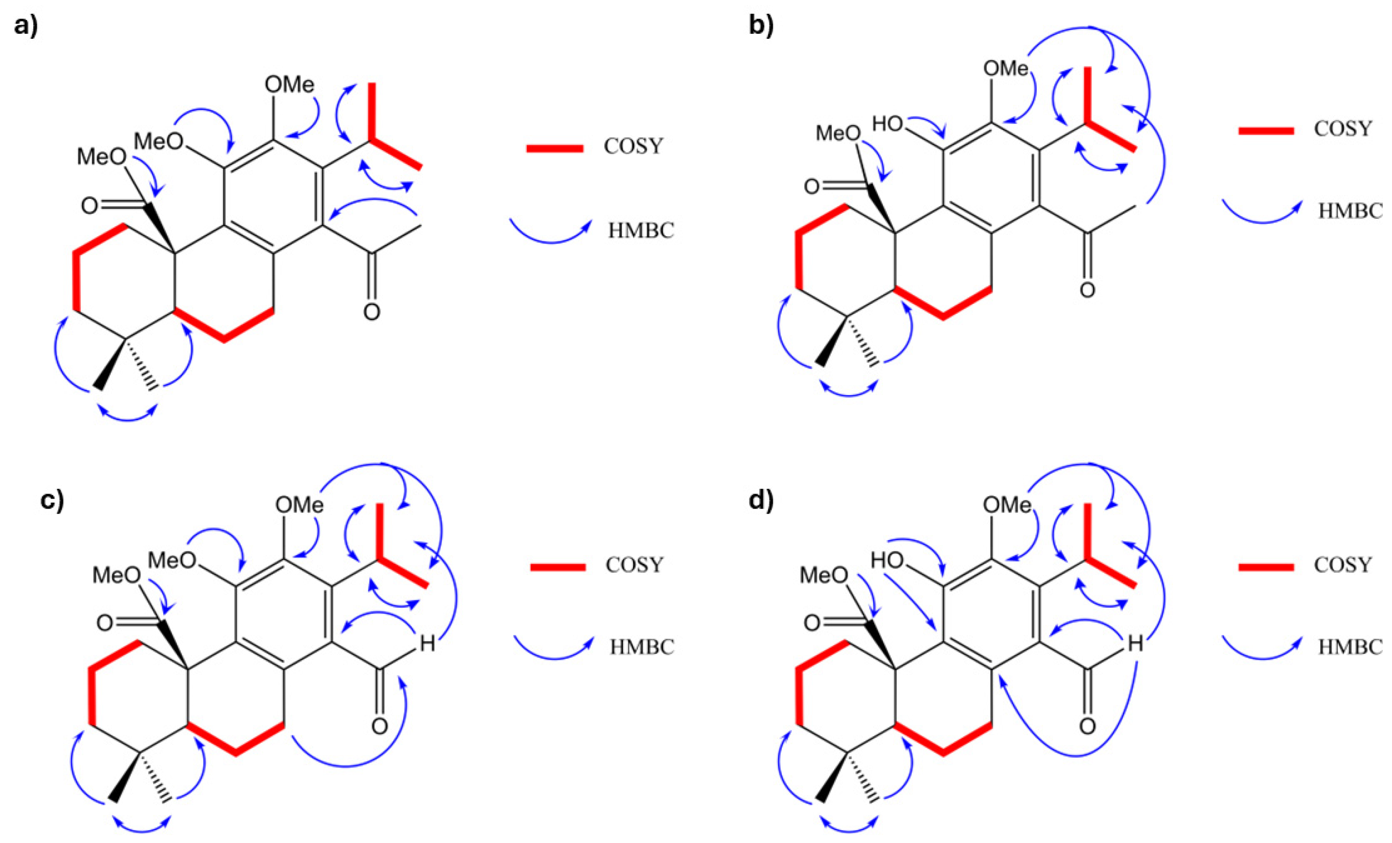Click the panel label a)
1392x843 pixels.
(26, 26)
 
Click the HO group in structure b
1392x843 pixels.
(888, 123)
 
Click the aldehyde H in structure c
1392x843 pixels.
(428, 643)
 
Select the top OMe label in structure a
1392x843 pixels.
(289, 85)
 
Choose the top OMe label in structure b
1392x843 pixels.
(1006, 68)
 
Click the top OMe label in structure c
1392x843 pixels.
(299, 505)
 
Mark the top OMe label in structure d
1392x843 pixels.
(1007, 505)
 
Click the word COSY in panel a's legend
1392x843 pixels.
(633, 146)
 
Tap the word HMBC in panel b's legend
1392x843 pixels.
(1350, 211)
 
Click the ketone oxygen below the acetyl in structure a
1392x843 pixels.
(371, 311)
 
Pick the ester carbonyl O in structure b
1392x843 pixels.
(811, 187)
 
